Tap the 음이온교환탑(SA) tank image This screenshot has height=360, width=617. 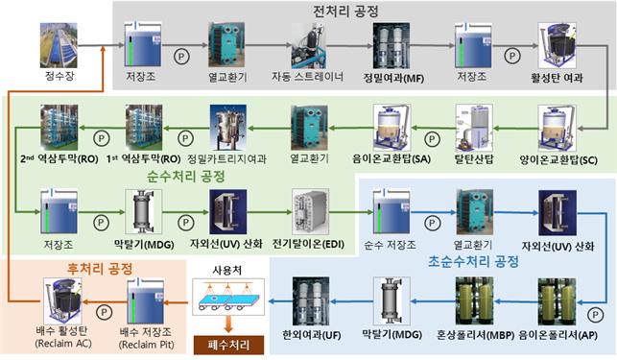click(398, 127)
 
